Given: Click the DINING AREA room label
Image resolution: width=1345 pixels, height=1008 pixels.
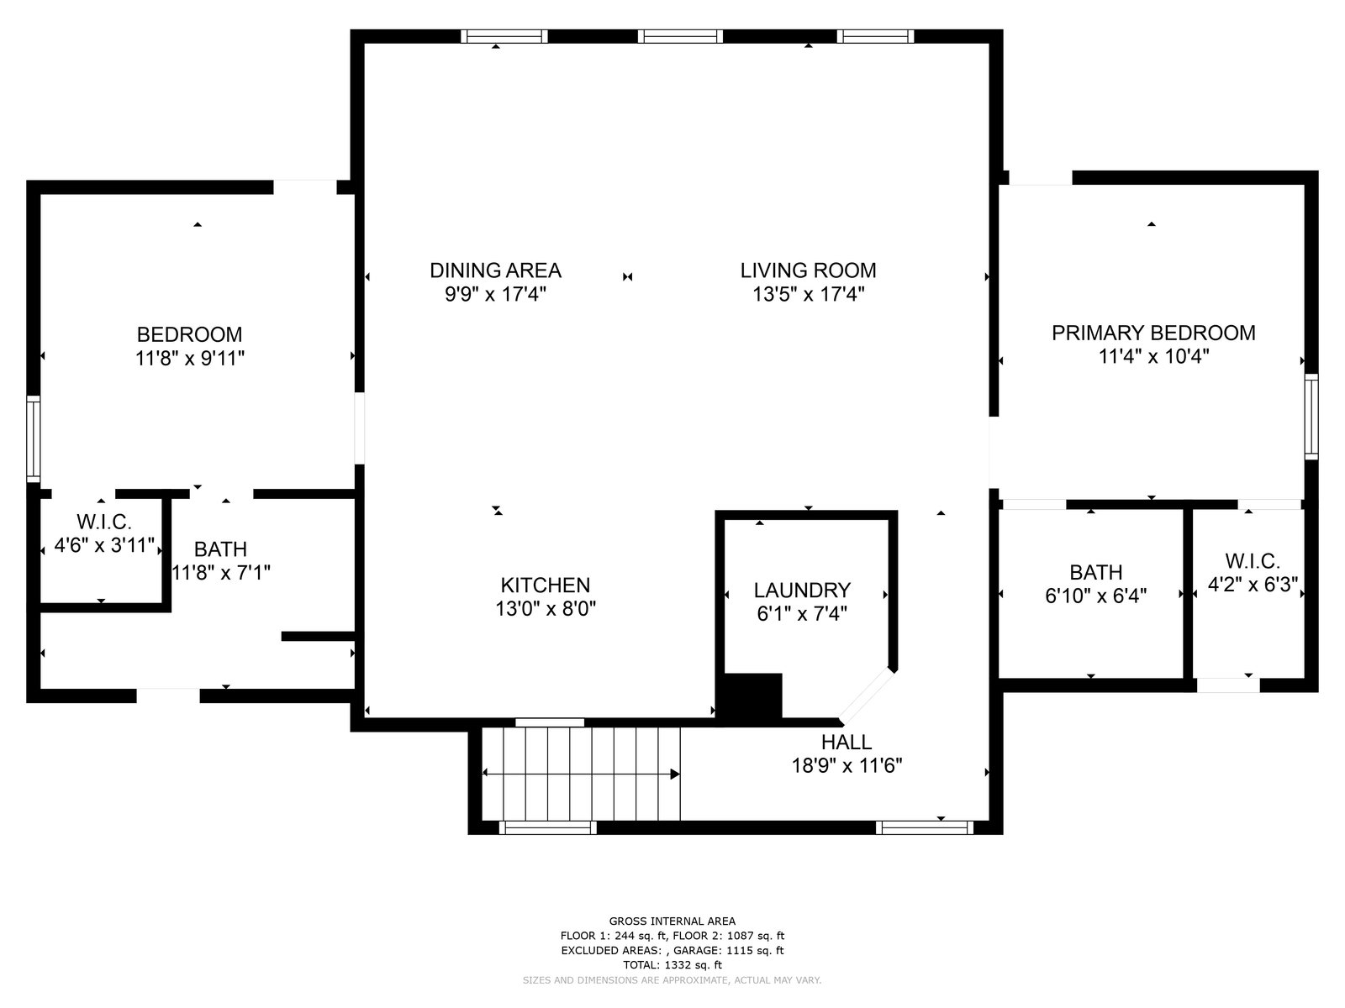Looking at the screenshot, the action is click(x=495, y=270).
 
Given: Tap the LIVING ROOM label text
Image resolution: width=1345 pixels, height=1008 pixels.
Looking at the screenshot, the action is click(x=808, y=270).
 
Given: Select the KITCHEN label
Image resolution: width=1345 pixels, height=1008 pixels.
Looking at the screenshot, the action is click(x=546, y=585).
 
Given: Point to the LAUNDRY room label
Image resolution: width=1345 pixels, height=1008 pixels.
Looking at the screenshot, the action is click(x=802, y=590).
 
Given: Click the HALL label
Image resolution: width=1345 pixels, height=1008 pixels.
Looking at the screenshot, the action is click(x=847, y=742).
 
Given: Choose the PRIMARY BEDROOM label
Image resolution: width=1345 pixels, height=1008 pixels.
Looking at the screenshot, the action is click(x=1154, y=333).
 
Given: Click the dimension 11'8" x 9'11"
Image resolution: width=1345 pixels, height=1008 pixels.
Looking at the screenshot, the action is click(x=190, y=358).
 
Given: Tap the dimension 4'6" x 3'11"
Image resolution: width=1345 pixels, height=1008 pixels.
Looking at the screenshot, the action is click(x=104, y=544).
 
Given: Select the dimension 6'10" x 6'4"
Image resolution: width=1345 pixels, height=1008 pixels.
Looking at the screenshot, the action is click(x=1095, y=596).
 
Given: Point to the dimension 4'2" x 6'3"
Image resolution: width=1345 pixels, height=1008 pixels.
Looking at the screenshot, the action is click(x=1253, y=585).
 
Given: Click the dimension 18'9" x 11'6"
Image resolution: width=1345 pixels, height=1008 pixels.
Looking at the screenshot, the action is click(x=847, y=765).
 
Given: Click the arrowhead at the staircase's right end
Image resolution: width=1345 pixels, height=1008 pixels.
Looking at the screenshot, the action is click(x=675, y=774).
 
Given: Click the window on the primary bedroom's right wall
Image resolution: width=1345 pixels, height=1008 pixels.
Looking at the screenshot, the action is click(x=1311, y=416).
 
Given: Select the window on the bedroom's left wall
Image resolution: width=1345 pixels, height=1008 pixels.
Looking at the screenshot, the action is click(x=33, y=438).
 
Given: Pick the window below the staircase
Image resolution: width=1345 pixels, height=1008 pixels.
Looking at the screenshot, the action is click(x=547, y=828).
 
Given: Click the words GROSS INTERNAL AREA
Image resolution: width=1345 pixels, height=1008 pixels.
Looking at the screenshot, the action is click(x=672, y=921).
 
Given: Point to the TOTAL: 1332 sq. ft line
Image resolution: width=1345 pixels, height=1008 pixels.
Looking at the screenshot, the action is click(x=672, y=965).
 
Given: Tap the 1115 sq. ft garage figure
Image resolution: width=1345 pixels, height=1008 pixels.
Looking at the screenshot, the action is click(x=753, y=951).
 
